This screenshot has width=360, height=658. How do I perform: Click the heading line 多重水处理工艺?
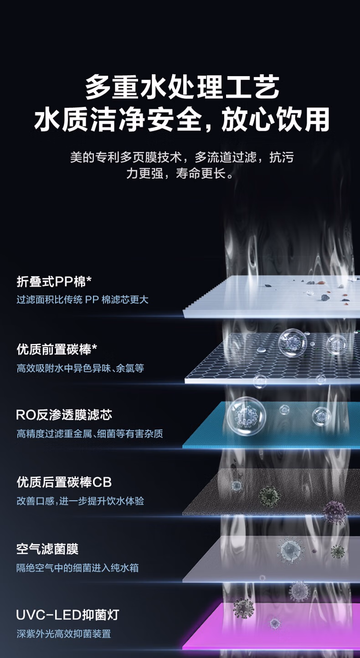click(182, 87)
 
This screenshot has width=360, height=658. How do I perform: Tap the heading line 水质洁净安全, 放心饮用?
click(182, 119)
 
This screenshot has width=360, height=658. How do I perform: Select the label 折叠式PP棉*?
click(54, 282)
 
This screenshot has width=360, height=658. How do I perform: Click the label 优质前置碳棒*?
click(57, 350)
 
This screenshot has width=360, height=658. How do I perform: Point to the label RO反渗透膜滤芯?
click(64, 415)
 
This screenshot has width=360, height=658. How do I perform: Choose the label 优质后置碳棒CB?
click(64, 482)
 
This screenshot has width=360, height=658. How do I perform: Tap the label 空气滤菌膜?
click(47, 549)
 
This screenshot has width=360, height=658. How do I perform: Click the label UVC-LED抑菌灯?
click(67, 615)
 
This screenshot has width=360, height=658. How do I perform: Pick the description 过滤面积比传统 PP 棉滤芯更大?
click(82, 300)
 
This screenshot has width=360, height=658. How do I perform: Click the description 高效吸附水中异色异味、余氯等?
click(80, 368)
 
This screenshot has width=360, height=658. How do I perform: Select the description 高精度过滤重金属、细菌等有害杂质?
click(90, 433)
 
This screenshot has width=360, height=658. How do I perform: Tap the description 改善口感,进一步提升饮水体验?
click(80, 501)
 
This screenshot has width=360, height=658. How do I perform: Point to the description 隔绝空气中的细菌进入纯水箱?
click(77, 568)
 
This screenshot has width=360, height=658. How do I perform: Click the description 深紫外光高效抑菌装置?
click(64, 633)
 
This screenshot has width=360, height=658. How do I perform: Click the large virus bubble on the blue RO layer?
click(246, 416)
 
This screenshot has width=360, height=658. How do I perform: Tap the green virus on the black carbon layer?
click(269, 496)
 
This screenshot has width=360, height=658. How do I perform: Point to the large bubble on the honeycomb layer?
click(293, 343)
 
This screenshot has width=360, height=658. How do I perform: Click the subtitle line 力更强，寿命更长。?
click(180, 173)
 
